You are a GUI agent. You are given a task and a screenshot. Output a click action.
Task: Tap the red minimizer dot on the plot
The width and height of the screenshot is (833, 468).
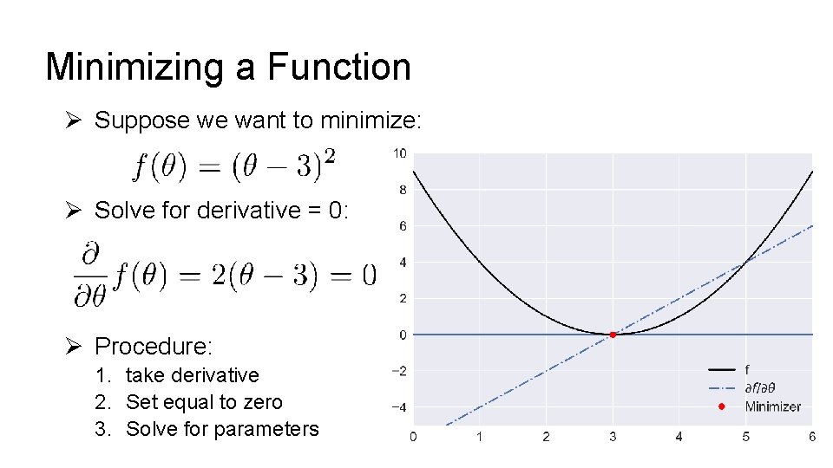613,335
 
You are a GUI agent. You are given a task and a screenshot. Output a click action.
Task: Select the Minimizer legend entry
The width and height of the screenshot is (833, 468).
772,406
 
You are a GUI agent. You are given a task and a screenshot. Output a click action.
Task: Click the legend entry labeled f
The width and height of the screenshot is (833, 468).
748,370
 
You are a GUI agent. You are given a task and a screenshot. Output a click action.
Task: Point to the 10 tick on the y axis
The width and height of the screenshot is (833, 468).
399,153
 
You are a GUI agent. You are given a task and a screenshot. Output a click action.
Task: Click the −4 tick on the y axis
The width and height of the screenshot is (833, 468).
397,407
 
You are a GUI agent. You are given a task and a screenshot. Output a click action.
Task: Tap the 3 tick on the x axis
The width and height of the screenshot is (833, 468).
613,437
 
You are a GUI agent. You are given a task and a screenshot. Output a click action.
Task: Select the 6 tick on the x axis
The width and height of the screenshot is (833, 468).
812,437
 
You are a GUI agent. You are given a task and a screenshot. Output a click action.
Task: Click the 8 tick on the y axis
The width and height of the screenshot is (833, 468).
402,190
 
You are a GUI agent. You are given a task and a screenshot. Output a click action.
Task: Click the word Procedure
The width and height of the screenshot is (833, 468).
153,347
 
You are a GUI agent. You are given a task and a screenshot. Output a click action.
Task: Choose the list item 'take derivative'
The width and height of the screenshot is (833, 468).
192,375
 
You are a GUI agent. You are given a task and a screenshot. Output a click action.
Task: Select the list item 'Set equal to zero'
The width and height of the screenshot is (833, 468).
204,402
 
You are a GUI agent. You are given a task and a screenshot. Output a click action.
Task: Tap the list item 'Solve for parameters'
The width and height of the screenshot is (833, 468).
222,429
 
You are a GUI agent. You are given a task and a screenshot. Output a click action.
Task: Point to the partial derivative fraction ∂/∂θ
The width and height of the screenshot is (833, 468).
90,276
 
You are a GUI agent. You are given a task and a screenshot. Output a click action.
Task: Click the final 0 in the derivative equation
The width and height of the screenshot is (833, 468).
369,276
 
